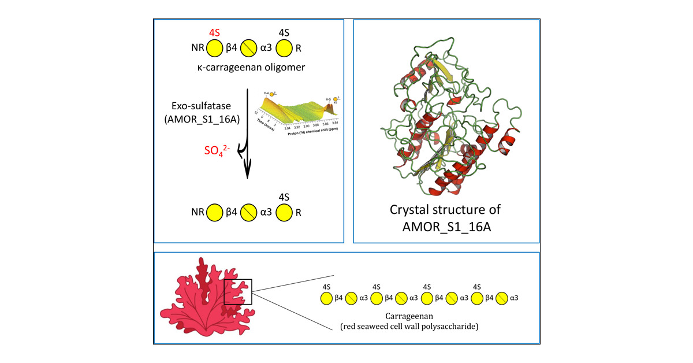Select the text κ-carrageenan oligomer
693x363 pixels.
249,68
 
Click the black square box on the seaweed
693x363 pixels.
238,292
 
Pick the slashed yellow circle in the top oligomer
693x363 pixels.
249,49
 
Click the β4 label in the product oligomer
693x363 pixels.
232,212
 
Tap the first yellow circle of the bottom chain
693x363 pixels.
326,298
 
